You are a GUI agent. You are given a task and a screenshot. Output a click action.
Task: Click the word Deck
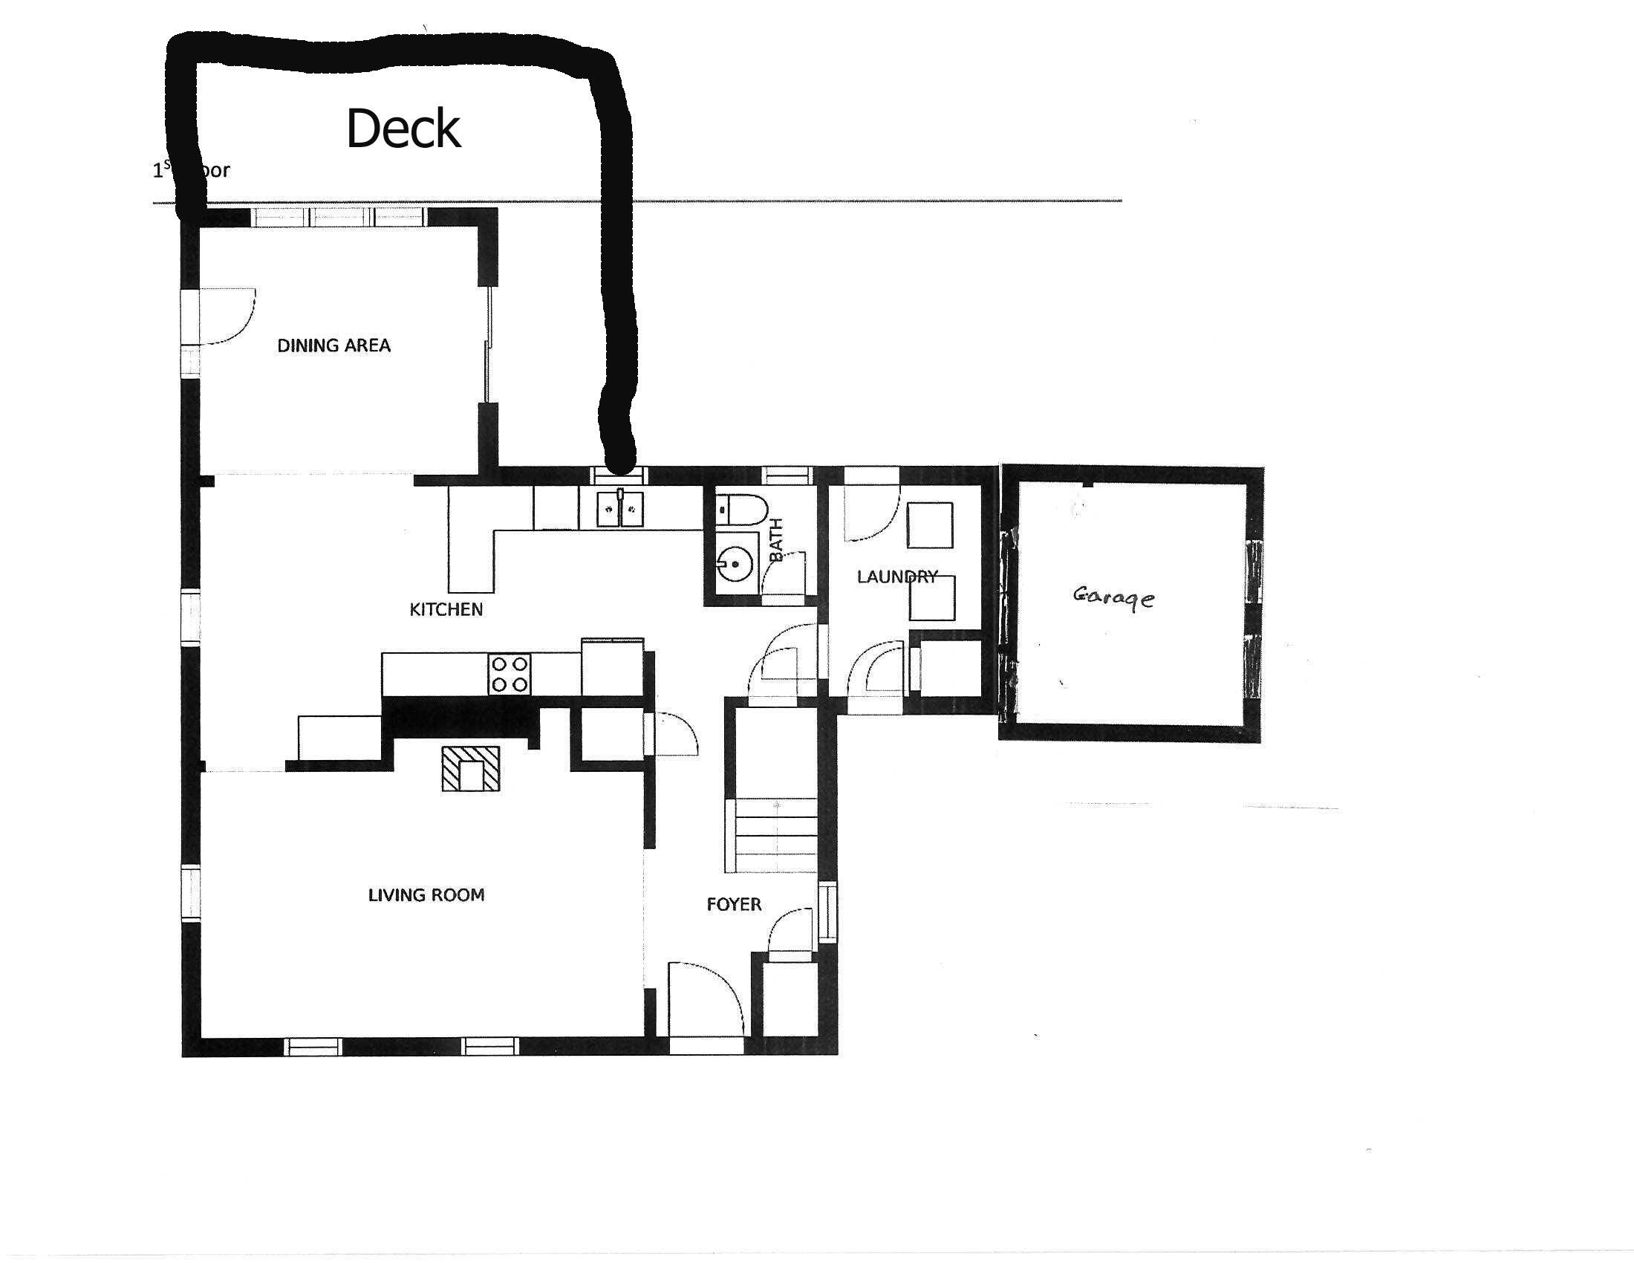tap(403, 129)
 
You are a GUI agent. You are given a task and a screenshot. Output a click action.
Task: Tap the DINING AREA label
tap(333, 345)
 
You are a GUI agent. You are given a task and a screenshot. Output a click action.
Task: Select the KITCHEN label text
tap(446, 610)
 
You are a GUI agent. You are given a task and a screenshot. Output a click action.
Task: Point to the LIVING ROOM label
tap(426, 895)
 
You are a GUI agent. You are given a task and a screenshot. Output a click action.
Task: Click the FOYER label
tap(734, 905)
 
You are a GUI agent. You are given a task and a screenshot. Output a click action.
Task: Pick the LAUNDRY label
tap(896, 577)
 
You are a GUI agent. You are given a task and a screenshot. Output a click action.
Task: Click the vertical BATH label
tap(776, 539)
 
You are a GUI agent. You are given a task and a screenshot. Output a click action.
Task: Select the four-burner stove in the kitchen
tap(510, 673)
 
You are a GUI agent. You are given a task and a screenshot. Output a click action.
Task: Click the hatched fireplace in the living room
tap(470, 768)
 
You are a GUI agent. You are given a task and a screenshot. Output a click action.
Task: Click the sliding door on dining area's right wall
tap(489, 345)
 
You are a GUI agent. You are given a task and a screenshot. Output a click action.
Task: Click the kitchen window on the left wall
tap(192, 618)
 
